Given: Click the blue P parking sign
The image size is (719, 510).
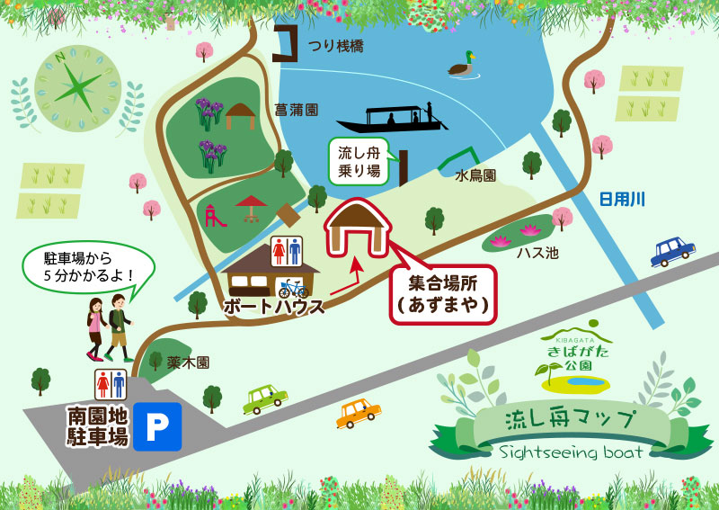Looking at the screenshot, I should pos(157,426).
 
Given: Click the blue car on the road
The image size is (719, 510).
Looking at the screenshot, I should pos(673,251).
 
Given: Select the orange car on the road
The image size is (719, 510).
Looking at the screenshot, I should pos(358,413).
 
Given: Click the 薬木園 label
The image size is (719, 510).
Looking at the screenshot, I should pos(188,362).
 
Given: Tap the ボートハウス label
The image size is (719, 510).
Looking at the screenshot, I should pos(273,305).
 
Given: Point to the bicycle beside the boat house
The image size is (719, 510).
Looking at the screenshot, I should pos(293,288).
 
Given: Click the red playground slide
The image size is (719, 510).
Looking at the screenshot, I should pos(213,215).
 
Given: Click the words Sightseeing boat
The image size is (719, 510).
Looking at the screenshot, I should pos(571,452).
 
